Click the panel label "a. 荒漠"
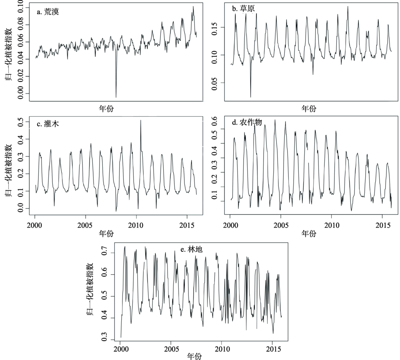pyautogui.click(x=48, y=12)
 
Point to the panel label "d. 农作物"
pyautogui.click(x=247, y=123)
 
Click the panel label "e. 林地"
pyautogui.click(x=192, y=250)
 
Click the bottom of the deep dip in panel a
pyautogui.click(x=116, y=97)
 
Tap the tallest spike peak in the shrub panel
pyautogui.click(x=141, y=120)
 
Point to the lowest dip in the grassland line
pyautogui.click(x=251, y=97)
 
